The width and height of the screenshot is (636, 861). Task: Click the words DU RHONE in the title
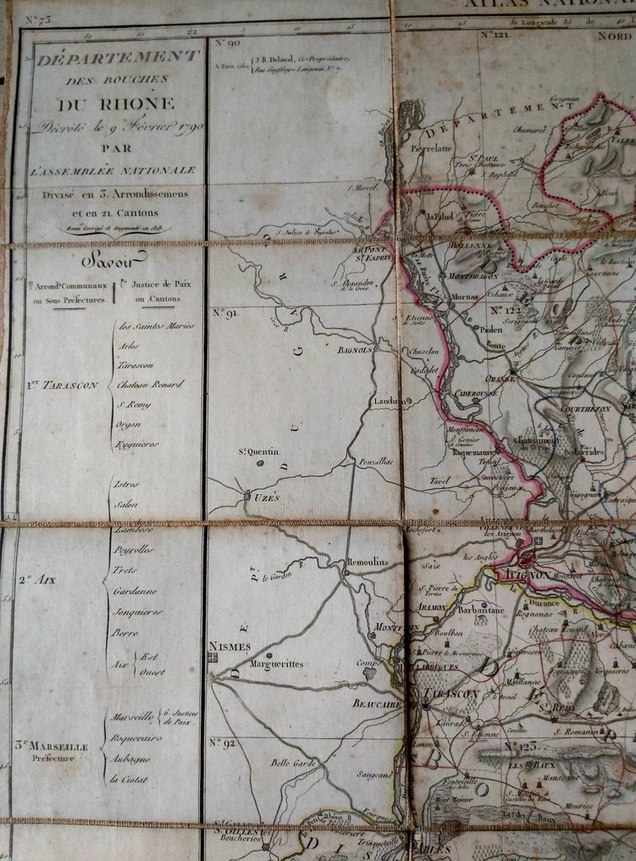click(116, 104)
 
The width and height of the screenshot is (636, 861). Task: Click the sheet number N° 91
click(224, 313)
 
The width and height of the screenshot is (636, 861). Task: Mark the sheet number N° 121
click(497, 36)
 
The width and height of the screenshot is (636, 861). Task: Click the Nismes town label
click(228, 647)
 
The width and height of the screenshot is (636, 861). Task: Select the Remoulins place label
click(368, 561)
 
